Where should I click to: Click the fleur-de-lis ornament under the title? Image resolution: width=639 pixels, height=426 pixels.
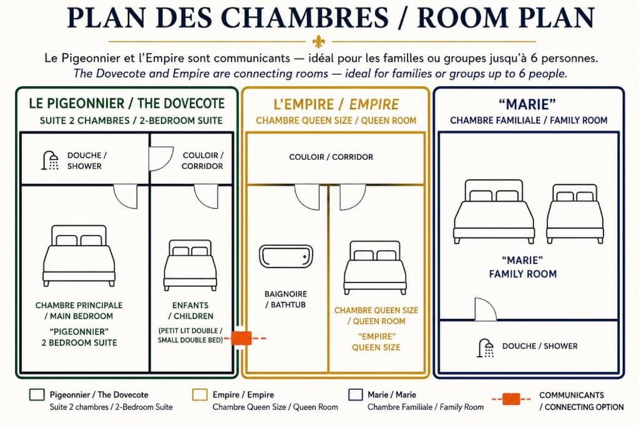(318, 41)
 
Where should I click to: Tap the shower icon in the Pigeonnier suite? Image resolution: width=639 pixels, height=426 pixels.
(50, 160)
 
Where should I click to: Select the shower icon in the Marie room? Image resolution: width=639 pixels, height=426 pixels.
(485, 348)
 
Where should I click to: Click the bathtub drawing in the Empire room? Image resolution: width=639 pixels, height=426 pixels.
(286, 256)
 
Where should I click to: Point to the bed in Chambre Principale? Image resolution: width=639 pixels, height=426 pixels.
(79, 256)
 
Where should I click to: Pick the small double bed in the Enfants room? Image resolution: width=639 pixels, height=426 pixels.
(190, 265)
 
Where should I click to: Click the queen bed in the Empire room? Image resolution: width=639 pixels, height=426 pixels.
(375, 268)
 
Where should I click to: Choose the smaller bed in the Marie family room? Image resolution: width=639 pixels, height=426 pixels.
(575, 214)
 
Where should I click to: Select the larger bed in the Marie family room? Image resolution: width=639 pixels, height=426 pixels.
(494, 211)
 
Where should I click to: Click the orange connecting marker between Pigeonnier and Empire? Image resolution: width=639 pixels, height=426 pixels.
(241, 338)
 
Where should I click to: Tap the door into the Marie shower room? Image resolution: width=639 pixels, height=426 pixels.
(485, 309)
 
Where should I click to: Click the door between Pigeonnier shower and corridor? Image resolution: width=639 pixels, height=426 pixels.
(161, 158)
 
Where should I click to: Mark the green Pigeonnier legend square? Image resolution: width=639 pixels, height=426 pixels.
(37, 395)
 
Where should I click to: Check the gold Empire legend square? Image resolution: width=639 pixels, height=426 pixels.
(200, 395)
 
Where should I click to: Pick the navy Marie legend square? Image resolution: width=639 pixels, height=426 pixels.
(356, 395)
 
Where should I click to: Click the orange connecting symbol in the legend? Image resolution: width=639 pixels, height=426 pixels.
(511, 399)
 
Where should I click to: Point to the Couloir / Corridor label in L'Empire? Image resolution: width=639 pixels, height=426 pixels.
(331, 157)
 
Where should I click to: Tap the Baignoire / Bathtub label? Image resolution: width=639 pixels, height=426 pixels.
(286, 299)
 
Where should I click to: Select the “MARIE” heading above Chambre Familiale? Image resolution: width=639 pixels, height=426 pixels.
(527, 104)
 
